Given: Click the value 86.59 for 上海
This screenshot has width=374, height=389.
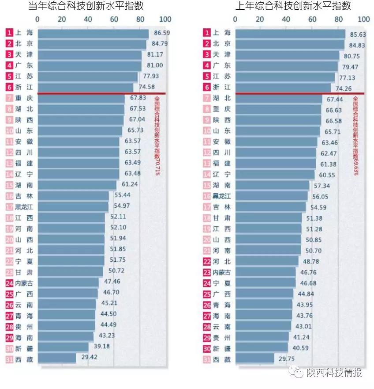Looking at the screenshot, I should tap(161, 33).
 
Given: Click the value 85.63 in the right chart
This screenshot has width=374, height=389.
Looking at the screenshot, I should tap(359, 34).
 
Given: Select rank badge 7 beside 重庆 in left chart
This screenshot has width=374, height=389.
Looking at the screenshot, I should tap(9, 98).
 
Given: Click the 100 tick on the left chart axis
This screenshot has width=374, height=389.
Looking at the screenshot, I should tap(165, 19).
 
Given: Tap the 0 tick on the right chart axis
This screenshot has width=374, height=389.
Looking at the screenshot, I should tap(235, 19).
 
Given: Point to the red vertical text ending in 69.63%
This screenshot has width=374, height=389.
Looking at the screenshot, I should tap(355, 135).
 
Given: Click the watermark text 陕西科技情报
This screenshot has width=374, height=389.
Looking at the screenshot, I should tap(334, 373).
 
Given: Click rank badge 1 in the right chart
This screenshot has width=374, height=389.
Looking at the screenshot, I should tap(207, 33).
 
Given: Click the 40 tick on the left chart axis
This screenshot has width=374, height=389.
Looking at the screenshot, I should tap(88, 19).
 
